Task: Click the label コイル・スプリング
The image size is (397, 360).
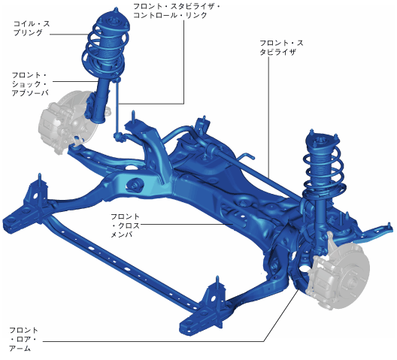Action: tap(32, 28)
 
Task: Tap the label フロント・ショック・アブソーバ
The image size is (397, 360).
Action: tap(30, 83)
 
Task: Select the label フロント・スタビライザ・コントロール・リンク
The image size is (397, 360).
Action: tap(177, 11)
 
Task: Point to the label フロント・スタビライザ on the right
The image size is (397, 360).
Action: tap(281, 47)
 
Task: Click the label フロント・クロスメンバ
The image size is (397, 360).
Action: tap(125, 225)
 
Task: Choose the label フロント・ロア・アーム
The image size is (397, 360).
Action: tap(23, 339)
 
